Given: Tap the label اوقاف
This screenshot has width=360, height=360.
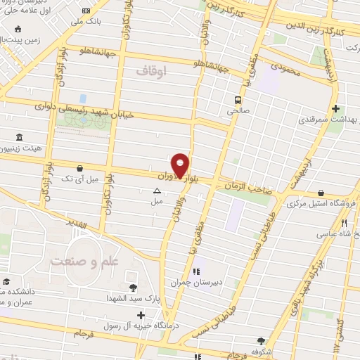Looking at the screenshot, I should point(153,72).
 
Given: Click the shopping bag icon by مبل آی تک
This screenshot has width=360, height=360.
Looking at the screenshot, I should point(79,169).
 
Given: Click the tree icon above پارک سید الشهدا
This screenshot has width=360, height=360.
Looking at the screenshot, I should point(134,287).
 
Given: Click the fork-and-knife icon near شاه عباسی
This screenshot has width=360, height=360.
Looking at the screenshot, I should point(344,224).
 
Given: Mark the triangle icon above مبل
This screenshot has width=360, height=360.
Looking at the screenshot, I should point(156,190).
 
